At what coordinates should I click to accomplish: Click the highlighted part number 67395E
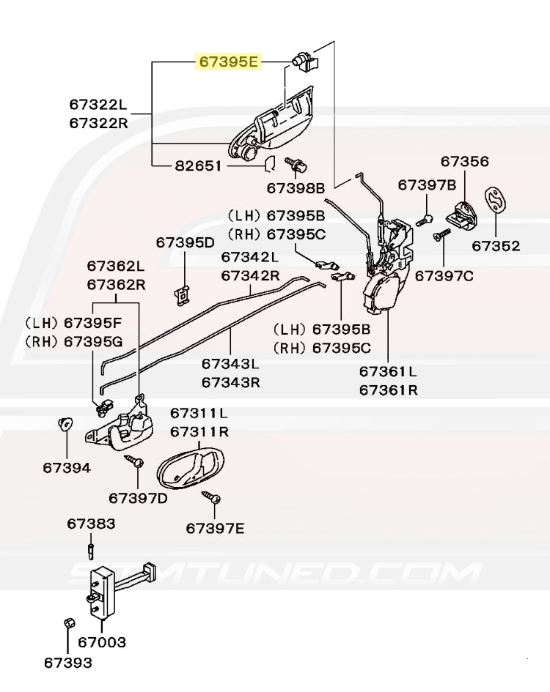[229, 62]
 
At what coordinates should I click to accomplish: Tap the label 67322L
[99, 105]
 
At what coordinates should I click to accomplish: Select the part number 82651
[198, 166]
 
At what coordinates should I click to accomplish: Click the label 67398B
[296, 188]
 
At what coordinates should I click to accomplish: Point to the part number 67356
[465, 161]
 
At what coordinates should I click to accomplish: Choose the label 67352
[496, 246]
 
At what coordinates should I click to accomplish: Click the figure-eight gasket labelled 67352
[496, 199]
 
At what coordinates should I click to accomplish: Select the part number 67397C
[444, 276]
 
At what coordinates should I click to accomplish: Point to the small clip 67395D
[184, 293]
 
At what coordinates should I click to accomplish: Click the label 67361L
[388, 372]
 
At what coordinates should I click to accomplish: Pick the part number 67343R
[231, 382]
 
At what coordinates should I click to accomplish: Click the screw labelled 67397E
[211, 498]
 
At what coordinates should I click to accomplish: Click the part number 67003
[102, 643]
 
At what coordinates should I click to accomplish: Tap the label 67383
[91, 524]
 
